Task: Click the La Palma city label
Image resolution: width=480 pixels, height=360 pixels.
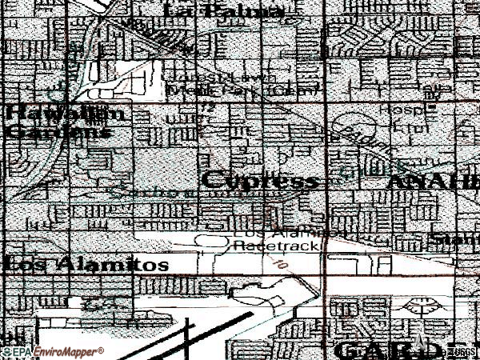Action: click(x=223, y=11)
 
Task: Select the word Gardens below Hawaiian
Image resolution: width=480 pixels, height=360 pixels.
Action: click(x=58, y=132)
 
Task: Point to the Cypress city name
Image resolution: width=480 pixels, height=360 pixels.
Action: click(x=260, y=181)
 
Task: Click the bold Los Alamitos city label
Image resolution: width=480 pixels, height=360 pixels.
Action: click(x=86, y=264)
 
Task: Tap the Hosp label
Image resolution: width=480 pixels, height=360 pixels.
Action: click(x=418, y=106)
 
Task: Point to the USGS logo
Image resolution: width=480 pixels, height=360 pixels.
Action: click(x=468, y=352)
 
